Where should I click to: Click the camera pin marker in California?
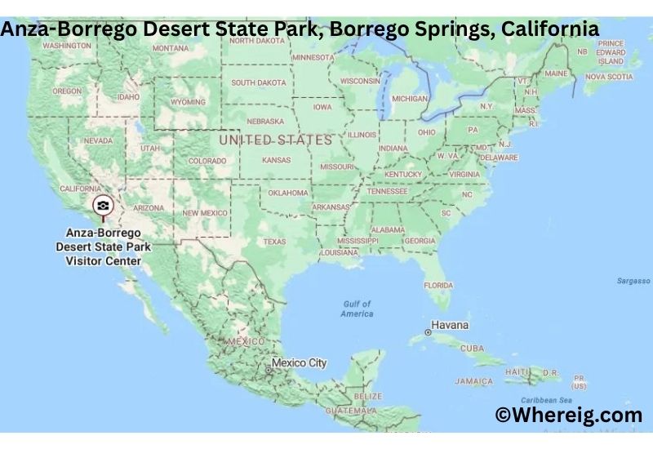click(103, 206)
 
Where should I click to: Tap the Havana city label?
click(450, 325)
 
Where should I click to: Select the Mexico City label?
click(299, 362)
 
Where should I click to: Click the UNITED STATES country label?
click(275, 140)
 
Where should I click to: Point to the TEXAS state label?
click(274, 242)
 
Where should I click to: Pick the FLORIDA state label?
click(438, 285)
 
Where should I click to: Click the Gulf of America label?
click(357, 309)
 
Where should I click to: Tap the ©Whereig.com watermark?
click(569, 416)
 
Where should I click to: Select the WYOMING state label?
click(188, 102)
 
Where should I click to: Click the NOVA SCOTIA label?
click(608, 77)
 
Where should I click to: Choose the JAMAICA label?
click(473, 381)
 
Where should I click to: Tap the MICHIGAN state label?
click(410, 98)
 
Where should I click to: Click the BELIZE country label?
click(369, 396)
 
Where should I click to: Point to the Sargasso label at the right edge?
click(634, 281)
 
